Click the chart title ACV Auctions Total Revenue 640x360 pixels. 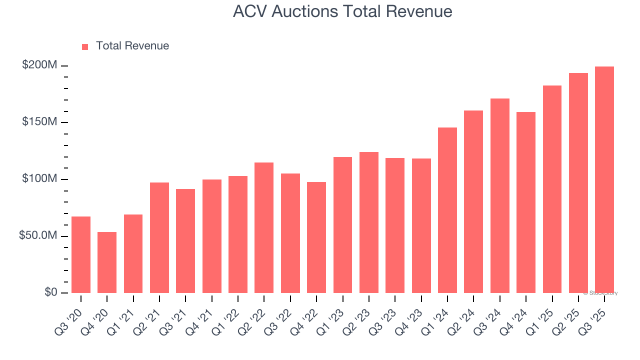[x=342, y=11]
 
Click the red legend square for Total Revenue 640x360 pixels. [x=85, y=46]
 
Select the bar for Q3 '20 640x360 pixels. [x=81, y=254]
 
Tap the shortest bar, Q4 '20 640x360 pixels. [x=107, y=262]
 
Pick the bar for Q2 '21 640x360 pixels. [x=159, y=237]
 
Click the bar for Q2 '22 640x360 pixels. [x=264, y=227]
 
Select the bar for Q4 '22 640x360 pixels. [x=316, y=237]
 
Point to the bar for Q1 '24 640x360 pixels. [x=447, y=210]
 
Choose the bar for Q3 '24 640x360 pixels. [x=500, y=195]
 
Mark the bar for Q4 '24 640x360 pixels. [x=526, y=202]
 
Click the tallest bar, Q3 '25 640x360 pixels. [x=604, y=179]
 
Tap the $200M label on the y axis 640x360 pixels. [x=39, y=65]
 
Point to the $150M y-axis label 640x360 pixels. [x=39, y=122]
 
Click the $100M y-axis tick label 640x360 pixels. [x=39, y=179]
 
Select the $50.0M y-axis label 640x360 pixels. [x=38, y=235]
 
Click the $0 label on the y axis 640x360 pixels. [x=50, y=292]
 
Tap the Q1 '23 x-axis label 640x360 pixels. [x=336, y=314]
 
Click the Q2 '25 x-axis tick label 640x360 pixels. [x=572, y=314]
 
